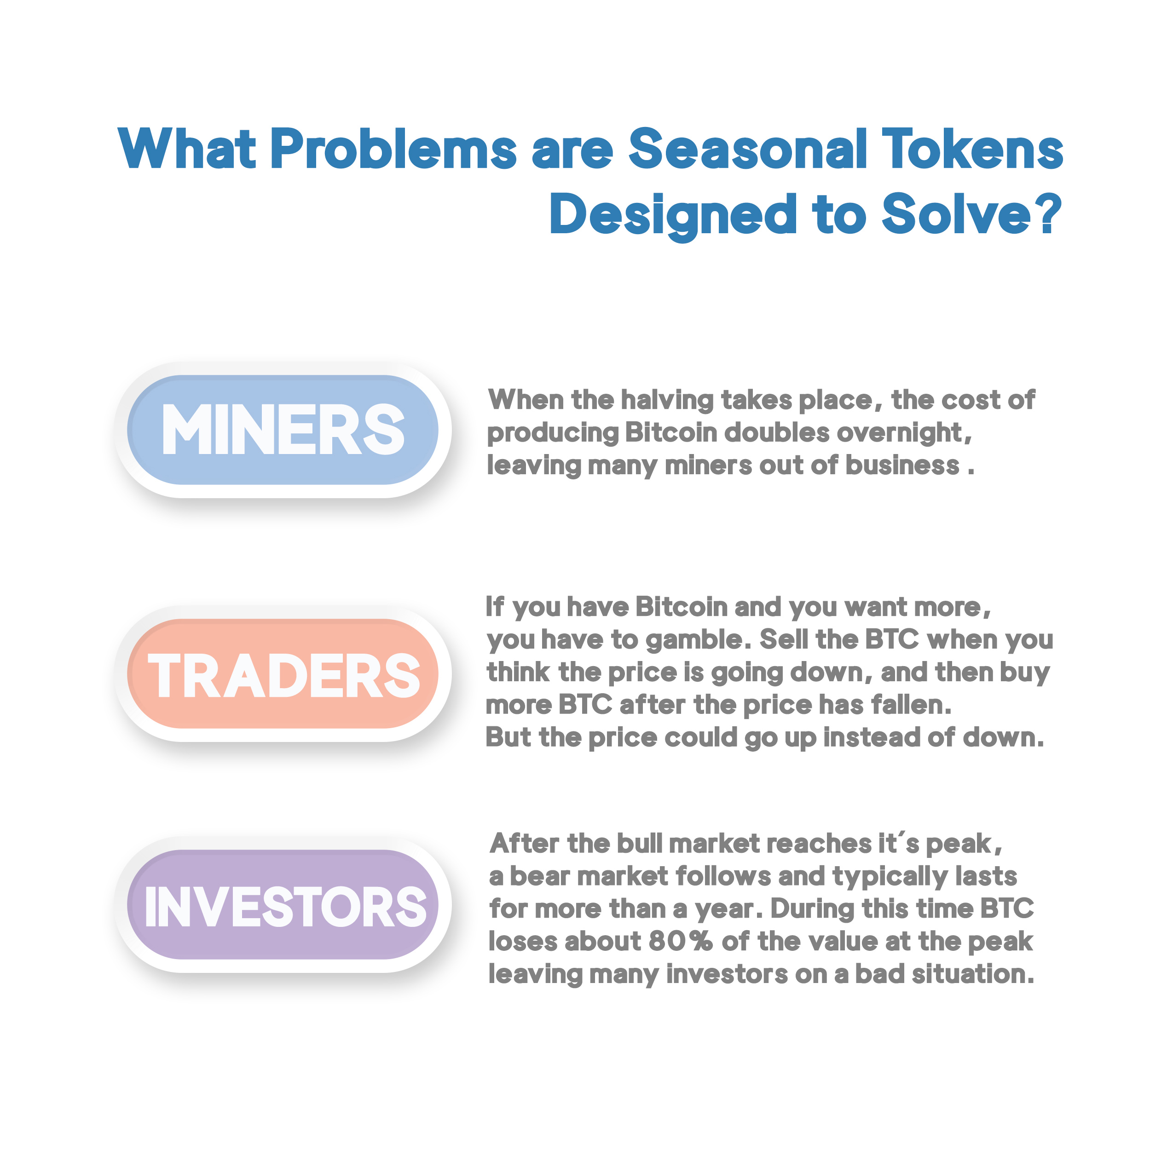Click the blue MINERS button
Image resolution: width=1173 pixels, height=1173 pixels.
283,430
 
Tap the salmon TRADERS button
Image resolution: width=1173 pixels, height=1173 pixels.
283,673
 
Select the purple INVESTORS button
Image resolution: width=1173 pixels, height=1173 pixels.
283,905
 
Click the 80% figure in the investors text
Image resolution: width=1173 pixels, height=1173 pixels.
680,942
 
